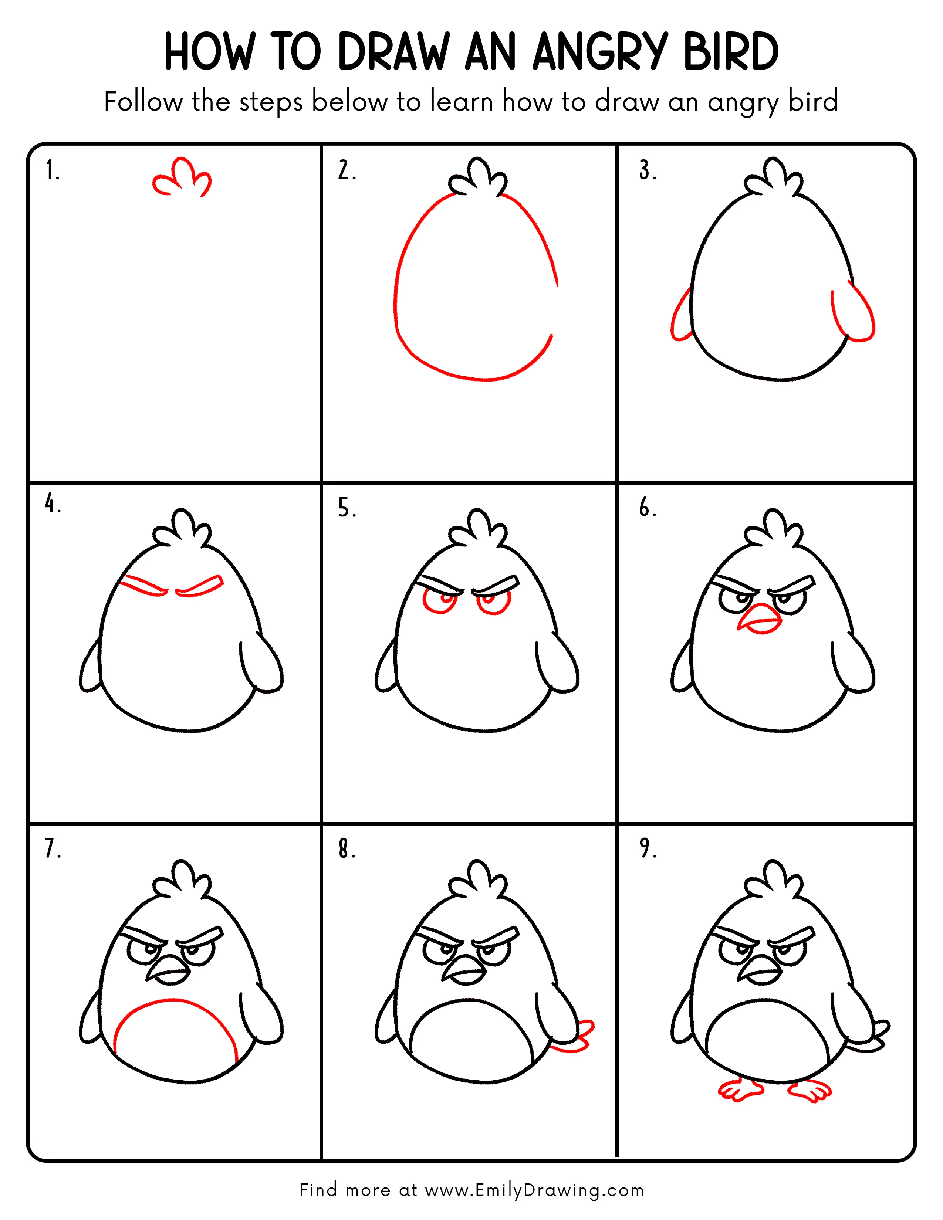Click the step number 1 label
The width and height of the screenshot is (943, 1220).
(x=52, y=170)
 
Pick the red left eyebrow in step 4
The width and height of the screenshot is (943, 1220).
(x=144, y=586)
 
